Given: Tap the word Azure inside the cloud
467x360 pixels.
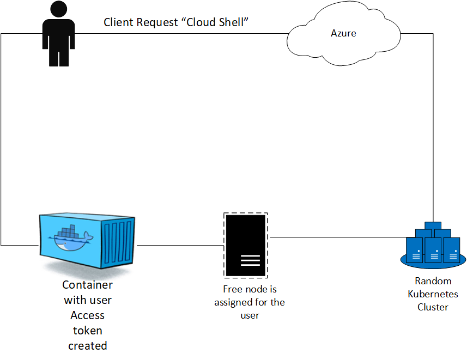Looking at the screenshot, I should (343, 33).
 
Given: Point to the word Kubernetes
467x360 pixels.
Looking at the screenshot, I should (433, 294).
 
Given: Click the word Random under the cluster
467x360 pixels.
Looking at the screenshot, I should (433, 281).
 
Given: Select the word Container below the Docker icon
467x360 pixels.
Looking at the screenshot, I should (87, 285).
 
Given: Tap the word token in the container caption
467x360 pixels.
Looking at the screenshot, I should (87, 331).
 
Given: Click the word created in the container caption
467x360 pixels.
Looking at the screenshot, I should (87, 346).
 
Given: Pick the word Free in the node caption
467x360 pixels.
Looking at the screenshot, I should (233, 289).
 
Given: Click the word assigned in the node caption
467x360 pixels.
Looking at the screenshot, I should (233, 302).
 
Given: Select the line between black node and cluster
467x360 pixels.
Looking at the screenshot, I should (338, 237).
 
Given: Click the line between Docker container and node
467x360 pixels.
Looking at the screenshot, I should (180, 246).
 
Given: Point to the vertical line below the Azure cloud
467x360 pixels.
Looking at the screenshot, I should (433, 136).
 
